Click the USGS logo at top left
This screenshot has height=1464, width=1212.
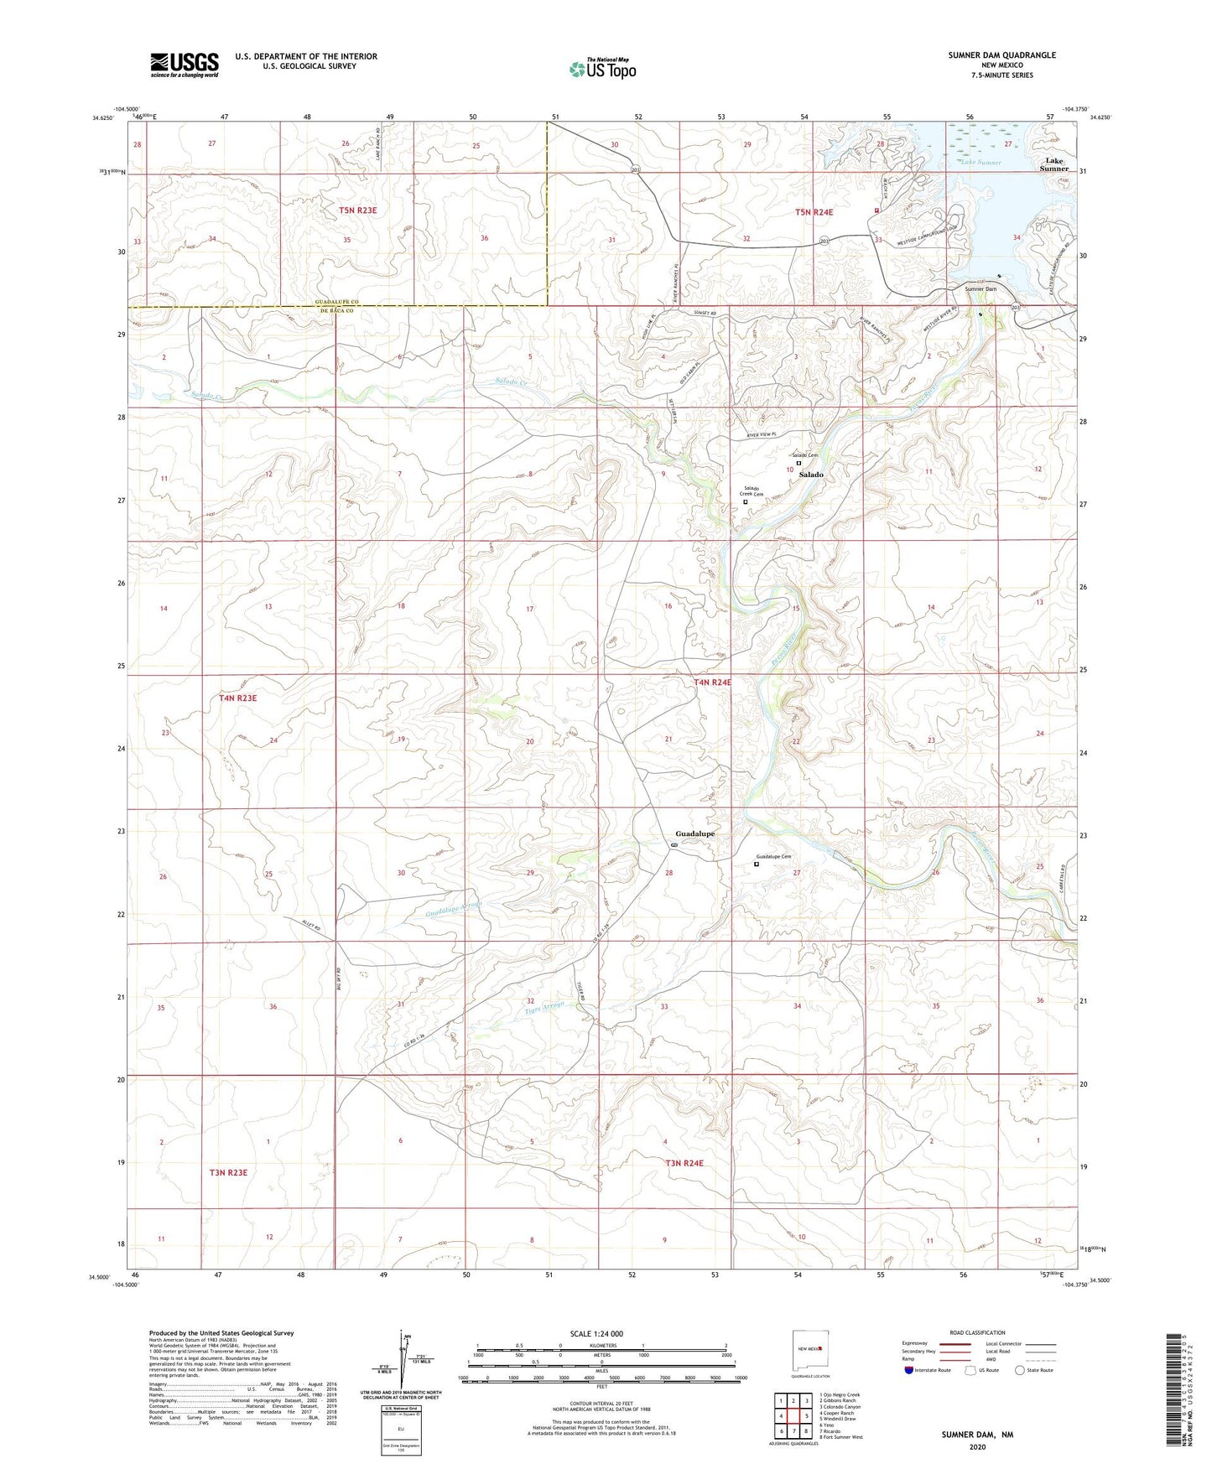pyautogui.click(x=185, y=65)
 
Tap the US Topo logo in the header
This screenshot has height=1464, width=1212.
pyautogui.click(x=601, y=69)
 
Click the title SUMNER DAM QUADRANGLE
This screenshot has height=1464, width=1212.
pyautogui.click(x=1001, y=55)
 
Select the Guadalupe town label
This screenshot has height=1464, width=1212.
pyautogui.click(x=694, y=833)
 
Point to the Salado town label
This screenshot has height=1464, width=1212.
pyautogui.click(x=810, y=475)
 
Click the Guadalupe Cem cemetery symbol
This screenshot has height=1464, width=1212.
pyautogui.click(x=757, y=864)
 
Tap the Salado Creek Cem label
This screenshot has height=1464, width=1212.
pyautogui.click(x=751, y=491)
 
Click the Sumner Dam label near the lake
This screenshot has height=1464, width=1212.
pyautogui.click(x=981, y=289)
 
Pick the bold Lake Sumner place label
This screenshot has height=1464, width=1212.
pyautogui.click(x=1053, y=164)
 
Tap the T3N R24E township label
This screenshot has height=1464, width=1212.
pyautogui.click(x=684, y=1163)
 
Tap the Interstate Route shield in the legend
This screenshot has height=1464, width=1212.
pyautogui.click(x=910, y=1371)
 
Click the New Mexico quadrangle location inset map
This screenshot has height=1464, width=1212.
pyautogui.click(x=809, y=1351)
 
